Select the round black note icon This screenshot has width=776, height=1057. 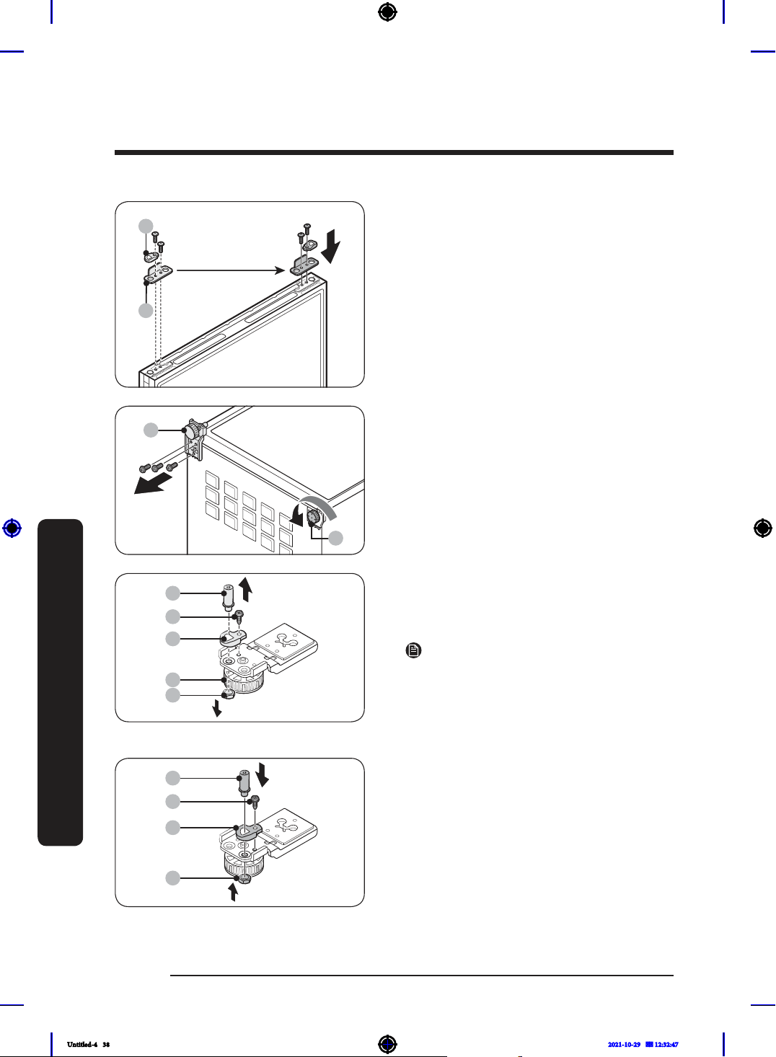click(413, 651)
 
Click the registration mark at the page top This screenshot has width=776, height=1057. click(387, 12)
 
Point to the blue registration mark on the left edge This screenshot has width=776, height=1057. click(12, 528)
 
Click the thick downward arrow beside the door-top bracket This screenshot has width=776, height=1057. click(330, 247)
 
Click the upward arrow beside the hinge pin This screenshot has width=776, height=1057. click(246, 590)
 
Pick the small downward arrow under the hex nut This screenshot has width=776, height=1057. click(217, 708)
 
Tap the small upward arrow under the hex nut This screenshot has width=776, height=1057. click(233, 893)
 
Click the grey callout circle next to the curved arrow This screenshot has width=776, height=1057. click(335, 538)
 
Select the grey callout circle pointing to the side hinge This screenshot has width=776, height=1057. click(151, 430)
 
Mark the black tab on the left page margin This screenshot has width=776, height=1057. click(61, 682)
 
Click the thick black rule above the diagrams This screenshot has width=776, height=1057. click(394, 152)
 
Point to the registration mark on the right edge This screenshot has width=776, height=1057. click(763, 528)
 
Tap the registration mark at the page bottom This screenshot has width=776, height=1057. click(387, 1044)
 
